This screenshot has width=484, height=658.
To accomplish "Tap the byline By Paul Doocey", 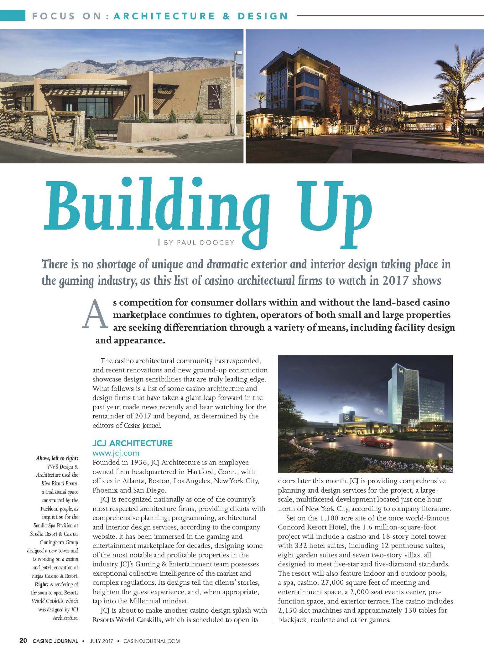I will pos(199,243).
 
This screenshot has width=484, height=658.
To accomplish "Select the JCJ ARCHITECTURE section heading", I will pos(132,443).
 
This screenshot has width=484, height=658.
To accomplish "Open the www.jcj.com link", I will pos(116,453).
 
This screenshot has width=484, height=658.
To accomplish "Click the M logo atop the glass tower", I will pos(400,371).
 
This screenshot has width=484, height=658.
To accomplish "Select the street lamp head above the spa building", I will pos(238,53).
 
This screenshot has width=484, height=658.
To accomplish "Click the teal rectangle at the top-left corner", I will pos(13,15).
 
